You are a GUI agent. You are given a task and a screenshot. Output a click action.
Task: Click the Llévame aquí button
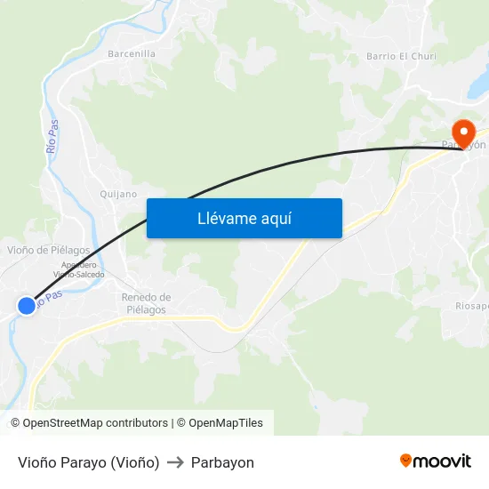(244, 218)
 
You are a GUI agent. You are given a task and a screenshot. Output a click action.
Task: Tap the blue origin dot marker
(27, 306)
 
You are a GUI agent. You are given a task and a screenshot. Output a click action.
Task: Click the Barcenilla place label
(132, 54)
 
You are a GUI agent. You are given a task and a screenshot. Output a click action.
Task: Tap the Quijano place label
(119, 194)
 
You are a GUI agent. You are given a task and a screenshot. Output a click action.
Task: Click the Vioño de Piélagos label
(49, 250)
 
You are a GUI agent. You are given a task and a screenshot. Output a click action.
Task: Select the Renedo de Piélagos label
(146, 303)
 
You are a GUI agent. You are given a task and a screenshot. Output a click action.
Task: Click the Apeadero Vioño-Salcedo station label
(83, 269)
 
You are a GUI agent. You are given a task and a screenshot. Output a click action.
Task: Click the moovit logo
(436, 461)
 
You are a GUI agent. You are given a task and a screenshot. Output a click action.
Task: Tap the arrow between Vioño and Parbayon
(175, 462)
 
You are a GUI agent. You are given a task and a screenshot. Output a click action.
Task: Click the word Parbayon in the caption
(222, 462)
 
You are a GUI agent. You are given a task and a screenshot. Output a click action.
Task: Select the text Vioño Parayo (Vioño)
(88, 462)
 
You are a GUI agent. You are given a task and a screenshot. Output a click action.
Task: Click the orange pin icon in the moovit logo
(406, 461)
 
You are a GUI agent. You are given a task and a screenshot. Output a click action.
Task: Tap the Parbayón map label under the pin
(464, 145)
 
